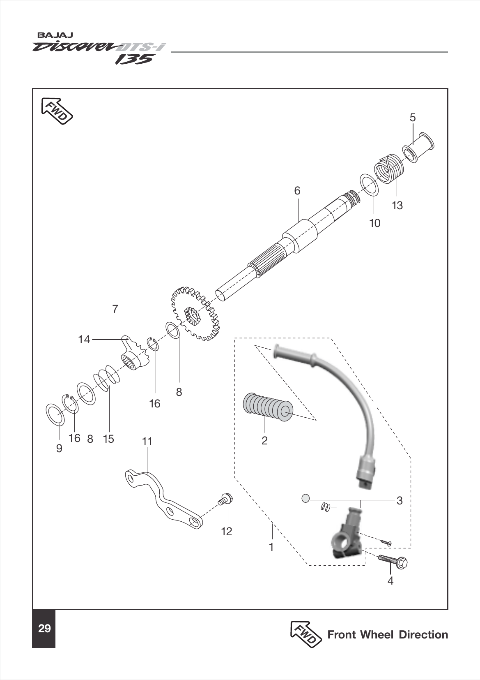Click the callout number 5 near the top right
(x=412, y=118)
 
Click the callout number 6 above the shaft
(x=297, y=191)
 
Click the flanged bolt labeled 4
(x=393, y=561)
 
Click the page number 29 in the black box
(x=44, y=628)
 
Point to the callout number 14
(x=84, y=340)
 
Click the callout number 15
(x=108, y=439)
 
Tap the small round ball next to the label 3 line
(x=305, y=498)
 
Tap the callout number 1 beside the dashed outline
(x=271, y=547)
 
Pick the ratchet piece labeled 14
(x=135, y=354)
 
